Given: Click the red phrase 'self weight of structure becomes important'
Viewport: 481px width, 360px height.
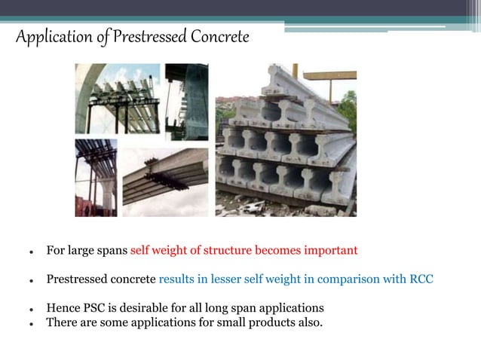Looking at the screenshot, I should [244, 250].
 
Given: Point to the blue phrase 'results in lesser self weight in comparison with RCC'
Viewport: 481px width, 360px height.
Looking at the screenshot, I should [296, 279].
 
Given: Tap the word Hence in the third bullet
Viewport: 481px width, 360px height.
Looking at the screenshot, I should [63, 308].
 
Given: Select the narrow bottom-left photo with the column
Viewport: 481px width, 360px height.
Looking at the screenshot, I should [96, 178].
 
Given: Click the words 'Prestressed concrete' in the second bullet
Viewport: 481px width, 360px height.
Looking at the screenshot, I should [101, 279].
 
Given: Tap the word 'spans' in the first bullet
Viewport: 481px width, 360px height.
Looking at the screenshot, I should [112, 250].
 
